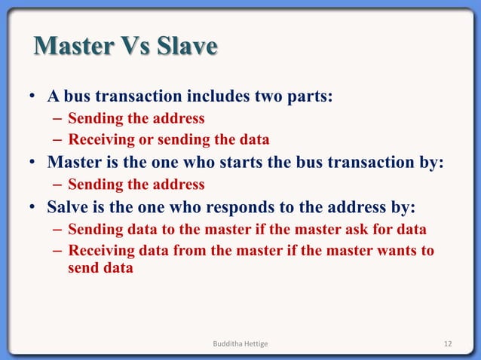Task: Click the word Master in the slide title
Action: [x=69, y=47]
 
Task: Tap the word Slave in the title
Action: [x=186, y=47]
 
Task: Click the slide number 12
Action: [x=448, y=343]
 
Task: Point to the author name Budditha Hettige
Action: [x=240, y=343]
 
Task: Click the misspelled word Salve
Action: [x=69, y=207]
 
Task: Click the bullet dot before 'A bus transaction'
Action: [x=35, y=98]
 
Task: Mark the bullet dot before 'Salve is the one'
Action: [x=35, y=208]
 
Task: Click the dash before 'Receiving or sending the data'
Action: [x=58, y=140]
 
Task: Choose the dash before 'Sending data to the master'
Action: [x=58, y=230]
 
